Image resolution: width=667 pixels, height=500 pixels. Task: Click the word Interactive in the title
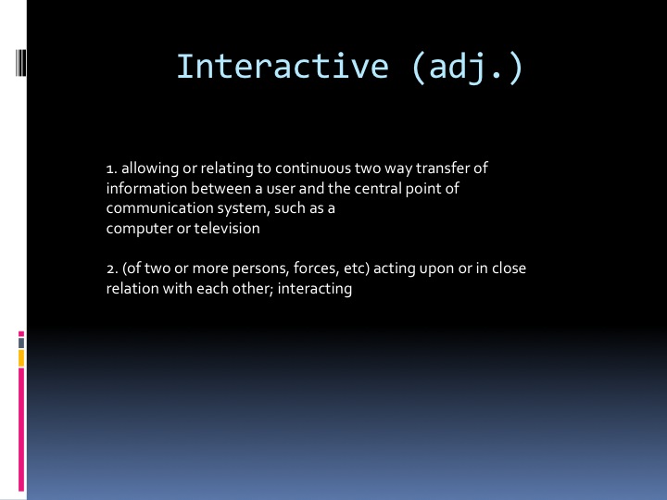[x=283, y=67]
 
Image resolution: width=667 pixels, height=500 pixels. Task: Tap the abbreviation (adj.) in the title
[x=467, y=68]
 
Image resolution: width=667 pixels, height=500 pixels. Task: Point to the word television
[x=227, y=228]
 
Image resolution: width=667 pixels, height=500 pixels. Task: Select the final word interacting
[x=315, y=289]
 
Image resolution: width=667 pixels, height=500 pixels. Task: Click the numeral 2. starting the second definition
[x=112, y=269]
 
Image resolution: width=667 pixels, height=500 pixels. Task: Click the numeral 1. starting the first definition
[x=112, y=169]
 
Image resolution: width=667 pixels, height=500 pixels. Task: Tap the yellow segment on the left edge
[x=21, y=358]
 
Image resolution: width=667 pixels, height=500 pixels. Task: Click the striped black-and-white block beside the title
[x=20, y=63]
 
